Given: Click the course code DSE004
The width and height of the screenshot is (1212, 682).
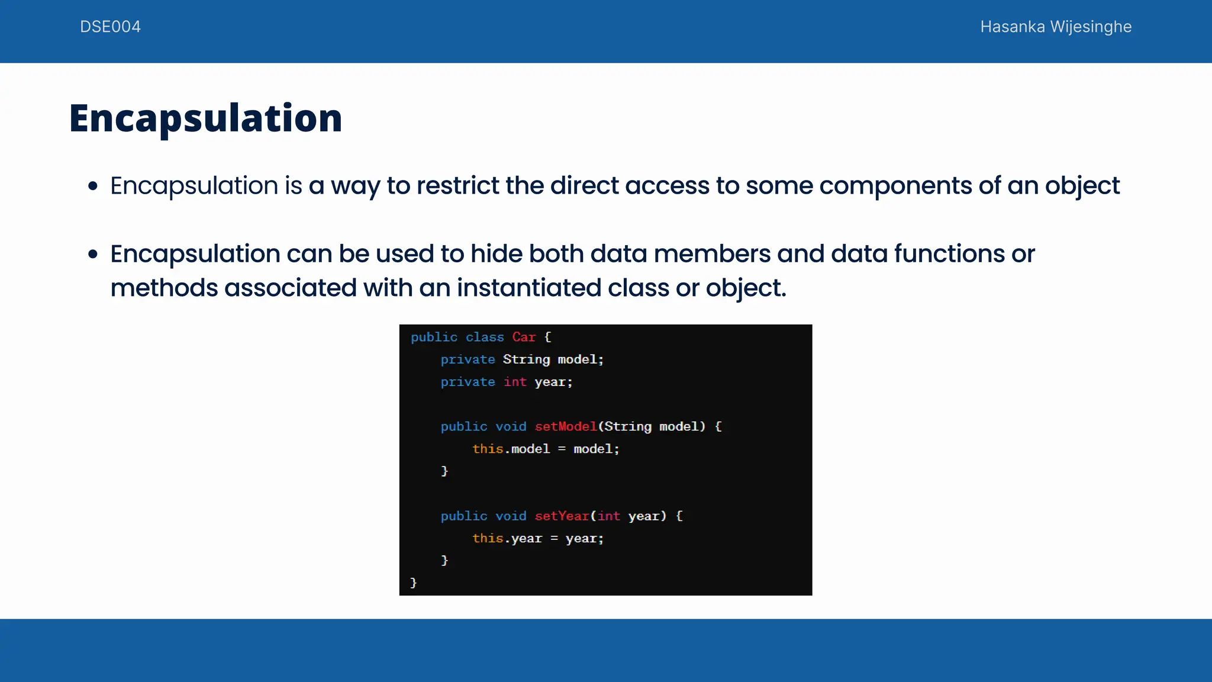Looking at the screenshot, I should point(110,27).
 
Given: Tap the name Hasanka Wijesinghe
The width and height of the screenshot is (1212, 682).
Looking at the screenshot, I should point(1055,27).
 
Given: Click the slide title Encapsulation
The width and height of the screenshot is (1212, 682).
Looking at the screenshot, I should point(205,118).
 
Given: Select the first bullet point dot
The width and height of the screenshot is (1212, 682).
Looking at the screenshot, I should point(92,186).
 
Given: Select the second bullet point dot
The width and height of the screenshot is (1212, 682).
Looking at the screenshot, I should point(92,255).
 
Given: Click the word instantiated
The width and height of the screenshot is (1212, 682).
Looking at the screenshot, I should point(528,288).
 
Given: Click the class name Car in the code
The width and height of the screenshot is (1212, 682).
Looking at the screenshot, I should point(524,337).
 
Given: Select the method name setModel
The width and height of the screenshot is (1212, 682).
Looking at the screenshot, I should point(566,427).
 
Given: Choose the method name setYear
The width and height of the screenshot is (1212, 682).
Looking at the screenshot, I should point(562,516).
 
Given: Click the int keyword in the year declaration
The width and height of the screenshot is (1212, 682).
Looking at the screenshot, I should point(515,382).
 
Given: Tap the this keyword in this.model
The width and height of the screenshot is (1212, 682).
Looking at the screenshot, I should point(488,449).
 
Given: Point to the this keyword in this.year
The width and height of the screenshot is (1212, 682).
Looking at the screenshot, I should point(488,539).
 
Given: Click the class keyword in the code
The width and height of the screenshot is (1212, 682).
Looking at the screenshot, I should point(485,337).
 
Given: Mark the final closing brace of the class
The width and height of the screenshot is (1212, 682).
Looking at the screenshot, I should point(414,583).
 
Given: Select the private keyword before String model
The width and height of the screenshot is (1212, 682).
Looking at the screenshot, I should point(468,360).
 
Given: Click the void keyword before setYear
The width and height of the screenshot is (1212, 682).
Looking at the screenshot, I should point(511,516).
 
